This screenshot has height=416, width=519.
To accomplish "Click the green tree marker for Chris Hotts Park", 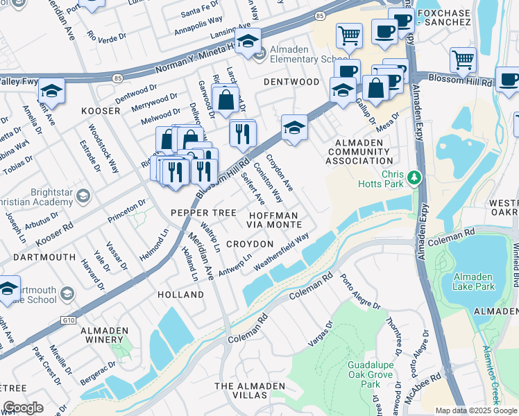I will point(414,177).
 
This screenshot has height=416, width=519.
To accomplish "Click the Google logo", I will point(24,408).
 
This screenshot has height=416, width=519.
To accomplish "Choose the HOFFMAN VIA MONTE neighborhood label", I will point(275,220).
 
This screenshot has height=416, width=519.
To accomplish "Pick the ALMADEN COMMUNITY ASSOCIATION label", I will point(359,151).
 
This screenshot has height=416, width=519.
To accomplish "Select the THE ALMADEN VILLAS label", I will point(241,390).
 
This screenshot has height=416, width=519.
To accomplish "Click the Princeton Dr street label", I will point(126,212).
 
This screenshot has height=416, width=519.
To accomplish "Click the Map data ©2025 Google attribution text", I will point(475,410).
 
